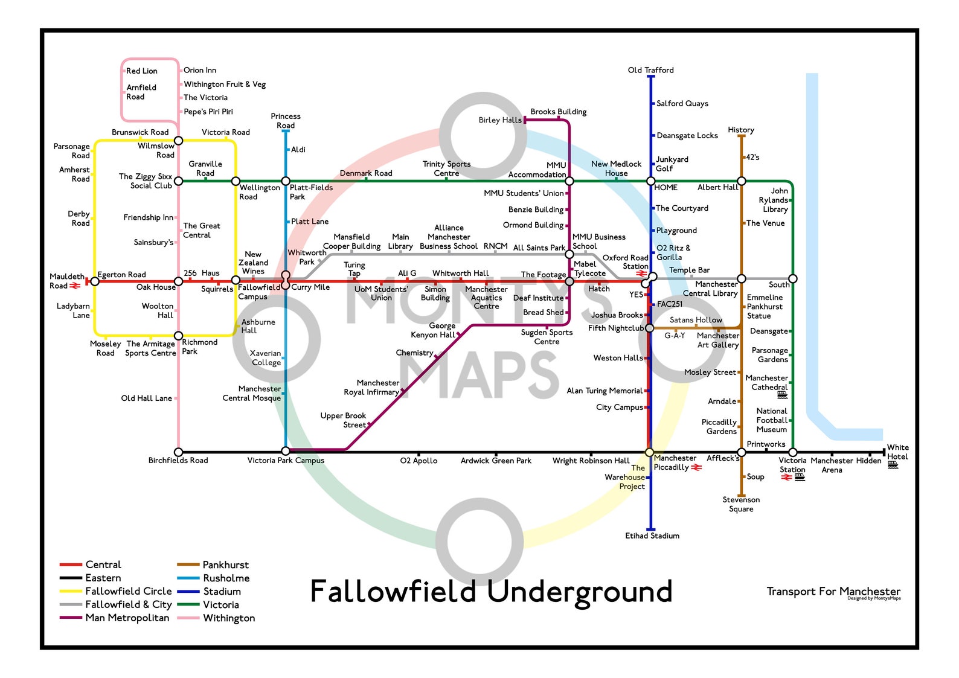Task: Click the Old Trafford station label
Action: [650, 70]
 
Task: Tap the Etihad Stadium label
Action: [652, 536]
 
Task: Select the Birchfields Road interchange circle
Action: [178, 452]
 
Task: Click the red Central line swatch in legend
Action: [71, 564]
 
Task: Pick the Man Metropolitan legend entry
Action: [127, 618]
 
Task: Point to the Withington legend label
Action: [229, 618]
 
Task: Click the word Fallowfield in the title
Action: [393, 592]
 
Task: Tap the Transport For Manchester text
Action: [833, 591]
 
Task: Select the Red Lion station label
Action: [141, 71]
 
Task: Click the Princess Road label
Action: [286, 121]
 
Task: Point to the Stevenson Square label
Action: [741, 504]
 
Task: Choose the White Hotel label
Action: [897, 452]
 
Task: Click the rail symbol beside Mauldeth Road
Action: [75, 286]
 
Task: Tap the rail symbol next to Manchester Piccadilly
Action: [696, 467]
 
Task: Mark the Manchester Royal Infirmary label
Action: [371, 388]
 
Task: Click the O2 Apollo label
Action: [419, 461]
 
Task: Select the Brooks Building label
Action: [558, 112]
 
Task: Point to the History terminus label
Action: [741, 130]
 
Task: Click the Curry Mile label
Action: [310, 287]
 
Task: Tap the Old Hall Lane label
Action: [146, 398]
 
